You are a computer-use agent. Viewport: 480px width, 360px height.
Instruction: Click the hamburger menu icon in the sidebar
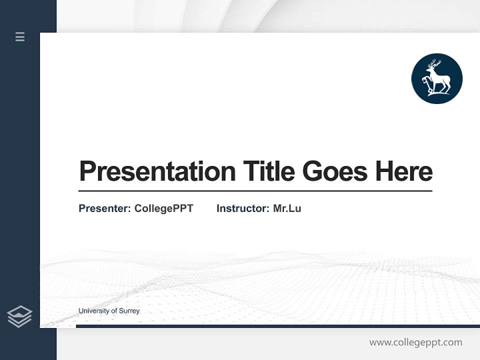tap(20, 36)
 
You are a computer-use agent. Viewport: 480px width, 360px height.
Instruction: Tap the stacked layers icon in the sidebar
tap(19, 316)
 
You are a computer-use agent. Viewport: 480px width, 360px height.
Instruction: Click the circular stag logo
tap(436, 78)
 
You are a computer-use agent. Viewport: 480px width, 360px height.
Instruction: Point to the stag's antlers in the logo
tap(434, 64)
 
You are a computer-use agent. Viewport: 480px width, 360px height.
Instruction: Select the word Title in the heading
tap(268, 171)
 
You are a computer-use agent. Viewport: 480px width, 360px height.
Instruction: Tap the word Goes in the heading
tap(335, 171)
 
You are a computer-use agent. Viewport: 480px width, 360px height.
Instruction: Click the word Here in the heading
tap(404, 171)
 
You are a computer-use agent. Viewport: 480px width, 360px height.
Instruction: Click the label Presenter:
tap(104, 208)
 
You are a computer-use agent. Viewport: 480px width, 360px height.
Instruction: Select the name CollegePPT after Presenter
tap(163, 208)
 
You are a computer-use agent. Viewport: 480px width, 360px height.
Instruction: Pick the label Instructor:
tap(242, 208)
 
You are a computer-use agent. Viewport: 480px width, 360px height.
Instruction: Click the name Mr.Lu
tap(287, 208)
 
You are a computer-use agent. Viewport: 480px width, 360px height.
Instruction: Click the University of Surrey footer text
tap(109, 311)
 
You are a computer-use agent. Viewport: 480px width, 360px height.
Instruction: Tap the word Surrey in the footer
tap(129, 311)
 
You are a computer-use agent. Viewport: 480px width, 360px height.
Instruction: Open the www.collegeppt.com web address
tap(415, 342)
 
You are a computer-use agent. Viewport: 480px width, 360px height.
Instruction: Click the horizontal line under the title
tap(255, 191)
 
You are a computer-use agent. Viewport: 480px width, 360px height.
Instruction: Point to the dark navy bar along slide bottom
tap(277, 326)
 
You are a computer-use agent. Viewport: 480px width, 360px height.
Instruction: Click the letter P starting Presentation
tap(87, 171)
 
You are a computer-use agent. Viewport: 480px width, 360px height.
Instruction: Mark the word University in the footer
tap(93, 311)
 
